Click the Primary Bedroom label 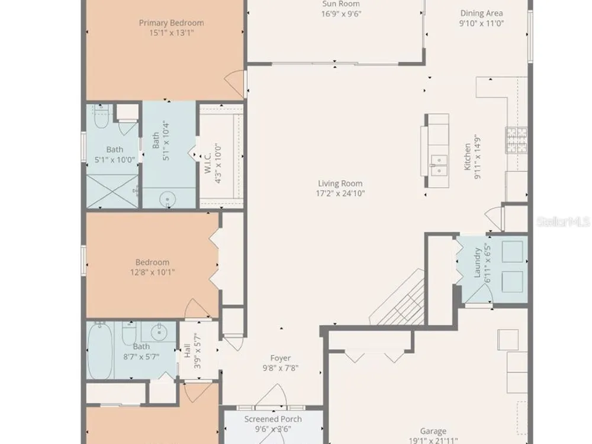click(x=172, y=22)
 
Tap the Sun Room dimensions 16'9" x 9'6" click(x=342, y=14)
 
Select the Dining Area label click(x=481, y=13)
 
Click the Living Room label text click(x=340, y=184)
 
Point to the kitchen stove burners click(x=516, y=140)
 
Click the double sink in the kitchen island click(x=439, y=165)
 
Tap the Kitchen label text click(x=468, y=157)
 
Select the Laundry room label click(x=477, y=263)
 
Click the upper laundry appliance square click(x=512, y=251)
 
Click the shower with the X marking click(x=112, y=191)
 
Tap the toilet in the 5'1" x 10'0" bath click(x=101, y=117)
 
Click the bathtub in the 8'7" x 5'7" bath click(x=99, y=350)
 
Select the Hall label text click(x=188, y=350)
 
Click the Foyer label click(x=281, y=358)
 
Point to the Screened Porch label click(x=273, y=419)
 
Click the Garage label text click(x=433, y=431)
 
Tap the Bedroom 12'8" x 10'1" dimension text click(x=153, y=272)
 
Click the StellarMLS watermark click(x=564, y=221)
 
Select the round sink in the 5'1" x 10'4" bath click(x=168, y=198)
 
